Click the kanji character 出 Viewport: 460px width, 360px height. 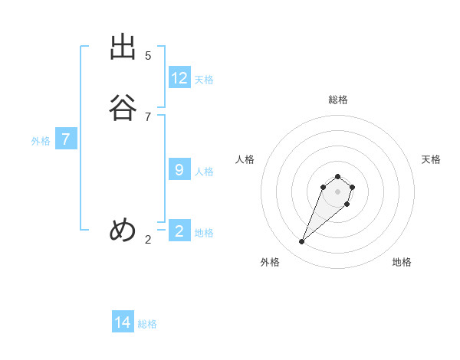(x=123, y=47)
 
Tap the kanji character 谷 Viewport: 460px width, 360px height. (x=123, y=108)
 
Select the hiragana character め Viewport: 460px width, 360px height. (x=123, y=230)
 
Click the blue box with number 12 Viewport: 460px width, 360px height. (x=179, y=78)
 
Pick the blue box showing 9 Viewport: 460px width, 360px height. (x=179, y=170)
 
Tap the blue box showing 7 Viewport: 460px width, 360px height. (x=66, y=140)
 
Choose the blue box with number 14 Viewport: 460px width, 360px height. (x=123, y=322)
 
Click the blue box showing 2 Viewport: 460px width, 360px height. (x=179, y=231)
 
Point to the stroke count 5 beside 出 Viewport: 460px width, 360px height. (x=148, y=55)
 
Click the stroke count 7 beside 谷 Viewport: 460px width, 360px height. (x=148, y=116)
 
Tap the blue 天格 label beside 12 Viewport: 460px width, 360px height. (x=204, y=80)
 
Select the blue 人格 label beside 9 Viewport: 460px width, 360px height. (x=204, y=172)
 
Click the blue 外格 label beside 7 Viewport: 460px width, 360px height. (x=41, y=141)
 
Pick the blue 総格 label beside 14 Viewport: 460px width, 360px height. (x=147, y=324)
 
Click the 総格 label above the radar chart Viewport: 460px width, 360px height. (x=337, y=100)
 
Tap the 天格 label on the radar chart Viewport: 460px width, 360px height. (x=431, y=159)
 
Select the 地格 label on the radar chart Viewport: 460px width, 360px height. (x=402, y=262)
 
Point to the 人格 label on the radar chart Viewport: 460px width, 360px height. (x=245, y=159)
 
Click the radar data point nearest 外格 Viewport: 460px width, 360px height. (x=302, y=242)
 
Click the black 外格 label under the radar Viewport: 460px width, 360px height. (x=270, y=262)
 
